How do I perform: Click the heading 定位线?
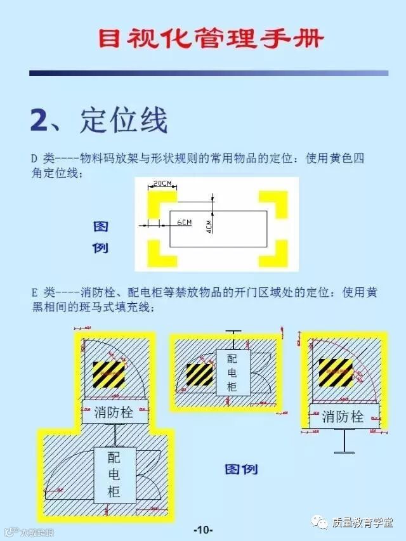pyautogui.click(x=124, y=121)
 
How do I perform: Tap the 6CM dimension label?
pyautogui.click(x=183, y=223)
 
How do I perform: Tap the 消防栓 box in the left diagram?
pyautogui.click(x=115, y=412)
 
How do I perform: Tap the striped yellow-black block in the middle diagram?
pyautogui.click(x=199, y=374)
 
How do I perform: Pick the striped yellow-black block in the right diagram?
pyautogui.click(x=335, y=372)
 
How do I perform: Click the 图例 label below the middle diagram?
pyautogui.click(x=241, y=470)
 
